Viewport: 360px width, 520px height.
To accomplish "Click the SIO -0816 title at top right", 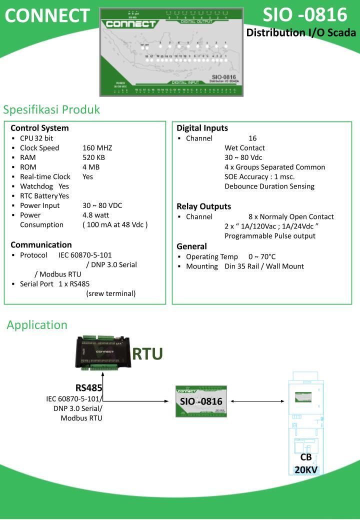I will point(305,15).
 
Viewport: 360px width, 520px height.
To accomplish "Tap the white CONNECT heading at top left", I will point(47,16).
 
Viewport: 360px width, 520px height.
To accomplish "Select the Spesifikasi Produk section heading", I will point(52,109).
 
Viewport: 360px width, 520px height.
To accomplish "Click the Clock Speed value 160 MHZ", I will point(97,148).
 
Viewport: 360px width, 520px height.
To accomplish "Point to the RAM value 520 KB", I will point(94,157).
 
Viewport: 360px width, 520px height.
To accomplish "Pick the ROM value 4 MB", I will point(91,167).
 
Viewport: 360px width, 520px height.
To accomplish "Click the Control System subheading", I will point(39,128).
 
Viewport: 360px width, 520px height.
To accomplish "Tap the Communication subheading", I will point(41,245).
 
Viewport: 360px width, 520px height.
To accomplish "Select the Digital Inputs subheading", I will point(202,128).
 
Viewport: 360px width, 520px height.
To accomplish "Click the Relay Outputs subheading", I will point(203,206).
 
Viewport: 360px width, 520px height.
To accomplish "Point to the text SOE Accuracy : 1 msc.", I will point(259,176).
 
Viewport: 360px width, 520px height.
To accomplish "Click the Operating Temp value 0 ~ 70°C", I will point(262,257).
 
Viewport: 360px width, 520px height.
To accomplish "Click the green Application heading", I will point(37,325).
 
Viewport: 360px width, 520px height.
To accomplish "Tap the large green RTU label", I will point(147,354).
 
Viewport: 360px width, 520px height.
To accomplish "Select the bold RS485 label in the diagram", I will point(89,388).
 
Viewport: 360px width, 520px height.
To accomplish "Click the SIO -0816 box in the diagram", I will point(201,401).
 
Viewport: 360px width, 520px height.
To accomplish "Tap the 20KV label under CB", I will point(306,470).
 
